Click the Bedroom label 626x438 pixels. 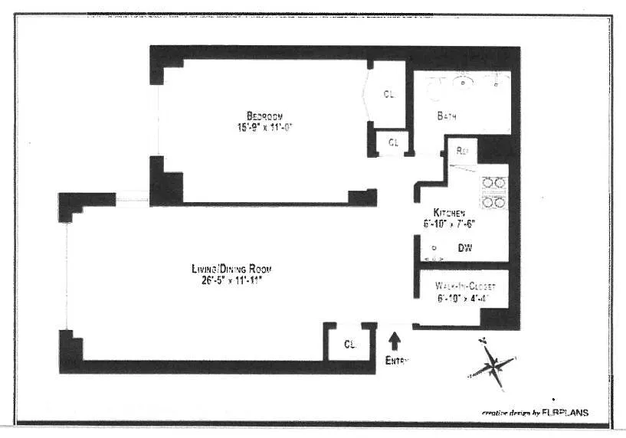point(265,116)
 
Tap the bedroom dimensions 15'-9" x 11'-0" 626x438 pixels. point(265,127)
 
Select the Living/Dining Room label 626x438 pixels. point(231,269)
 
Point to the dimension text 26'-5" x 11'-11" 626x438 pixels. point(231,279)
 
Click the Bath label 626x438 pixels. point(447,116)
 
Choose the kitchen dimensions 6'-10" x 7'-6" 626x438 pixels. point(457,224)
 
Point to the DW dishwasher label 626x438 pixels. point(464,248)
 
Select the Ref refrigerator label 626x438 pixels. point(462,150)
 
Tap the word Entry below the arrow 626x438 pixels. point(397,360)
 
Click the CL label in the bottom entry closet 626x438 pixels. point(349,343)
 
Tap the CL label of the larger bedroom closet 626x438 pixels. point(389,94)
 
